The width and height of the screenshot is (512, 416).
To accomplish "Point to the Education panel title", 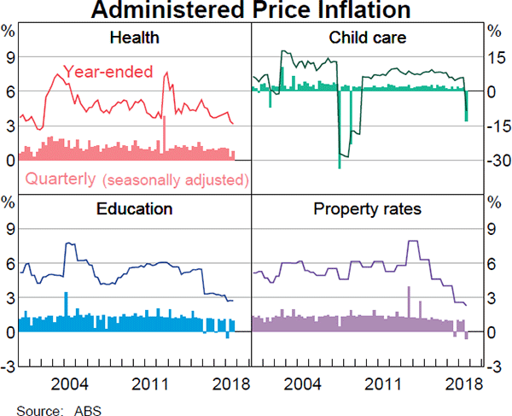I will [x=134, y=209].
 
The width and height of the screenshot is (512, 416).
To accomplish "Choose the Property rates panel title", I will [x=367, y=209].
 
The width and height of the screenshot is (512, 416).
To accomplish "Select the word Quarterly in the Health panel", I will [x=60, y=179].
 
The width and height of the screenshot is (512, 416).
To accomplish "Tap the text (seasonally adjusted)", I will [x=175, y=180].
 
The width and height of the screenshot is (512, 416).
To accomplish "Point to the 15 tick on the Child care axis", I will [x=495, y=57].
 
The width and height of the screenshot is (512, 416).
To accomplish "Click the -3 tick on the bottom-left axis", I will [x=9, y=366].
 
